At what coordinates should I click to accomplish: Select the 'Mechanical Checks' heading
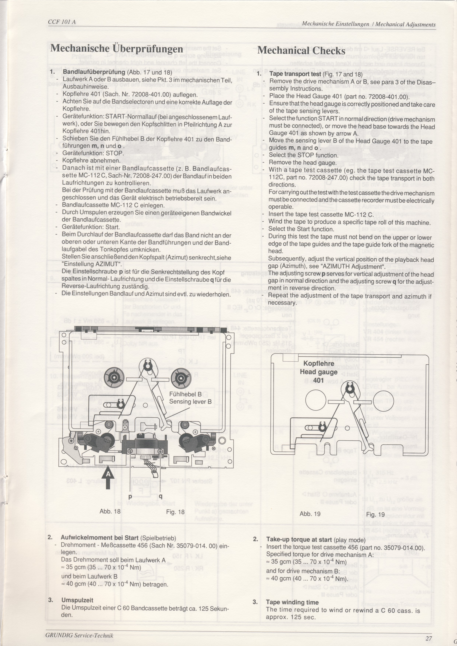[x=301, y=51]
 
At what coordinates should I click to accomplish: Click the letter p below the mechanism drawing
[x=130, y=497]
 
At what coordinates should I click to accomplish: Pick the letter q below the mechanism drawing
[x=160, y=497]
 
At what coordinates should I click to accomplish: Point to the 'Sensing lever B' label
[x=190, y=402]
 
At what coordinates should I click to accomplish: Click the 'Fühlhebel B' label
[x=185, y=394]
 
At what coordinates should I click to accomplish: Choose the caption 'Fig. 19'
[x=375, y=514]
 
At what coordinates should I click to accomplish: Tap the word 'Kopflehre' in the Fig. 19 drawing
[x=319, y=363]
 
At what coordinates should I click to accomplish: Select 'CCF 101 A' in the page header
[x=62, y=22]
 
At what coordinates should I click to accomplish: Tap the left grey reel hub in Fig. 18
[x=114, y=378]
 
